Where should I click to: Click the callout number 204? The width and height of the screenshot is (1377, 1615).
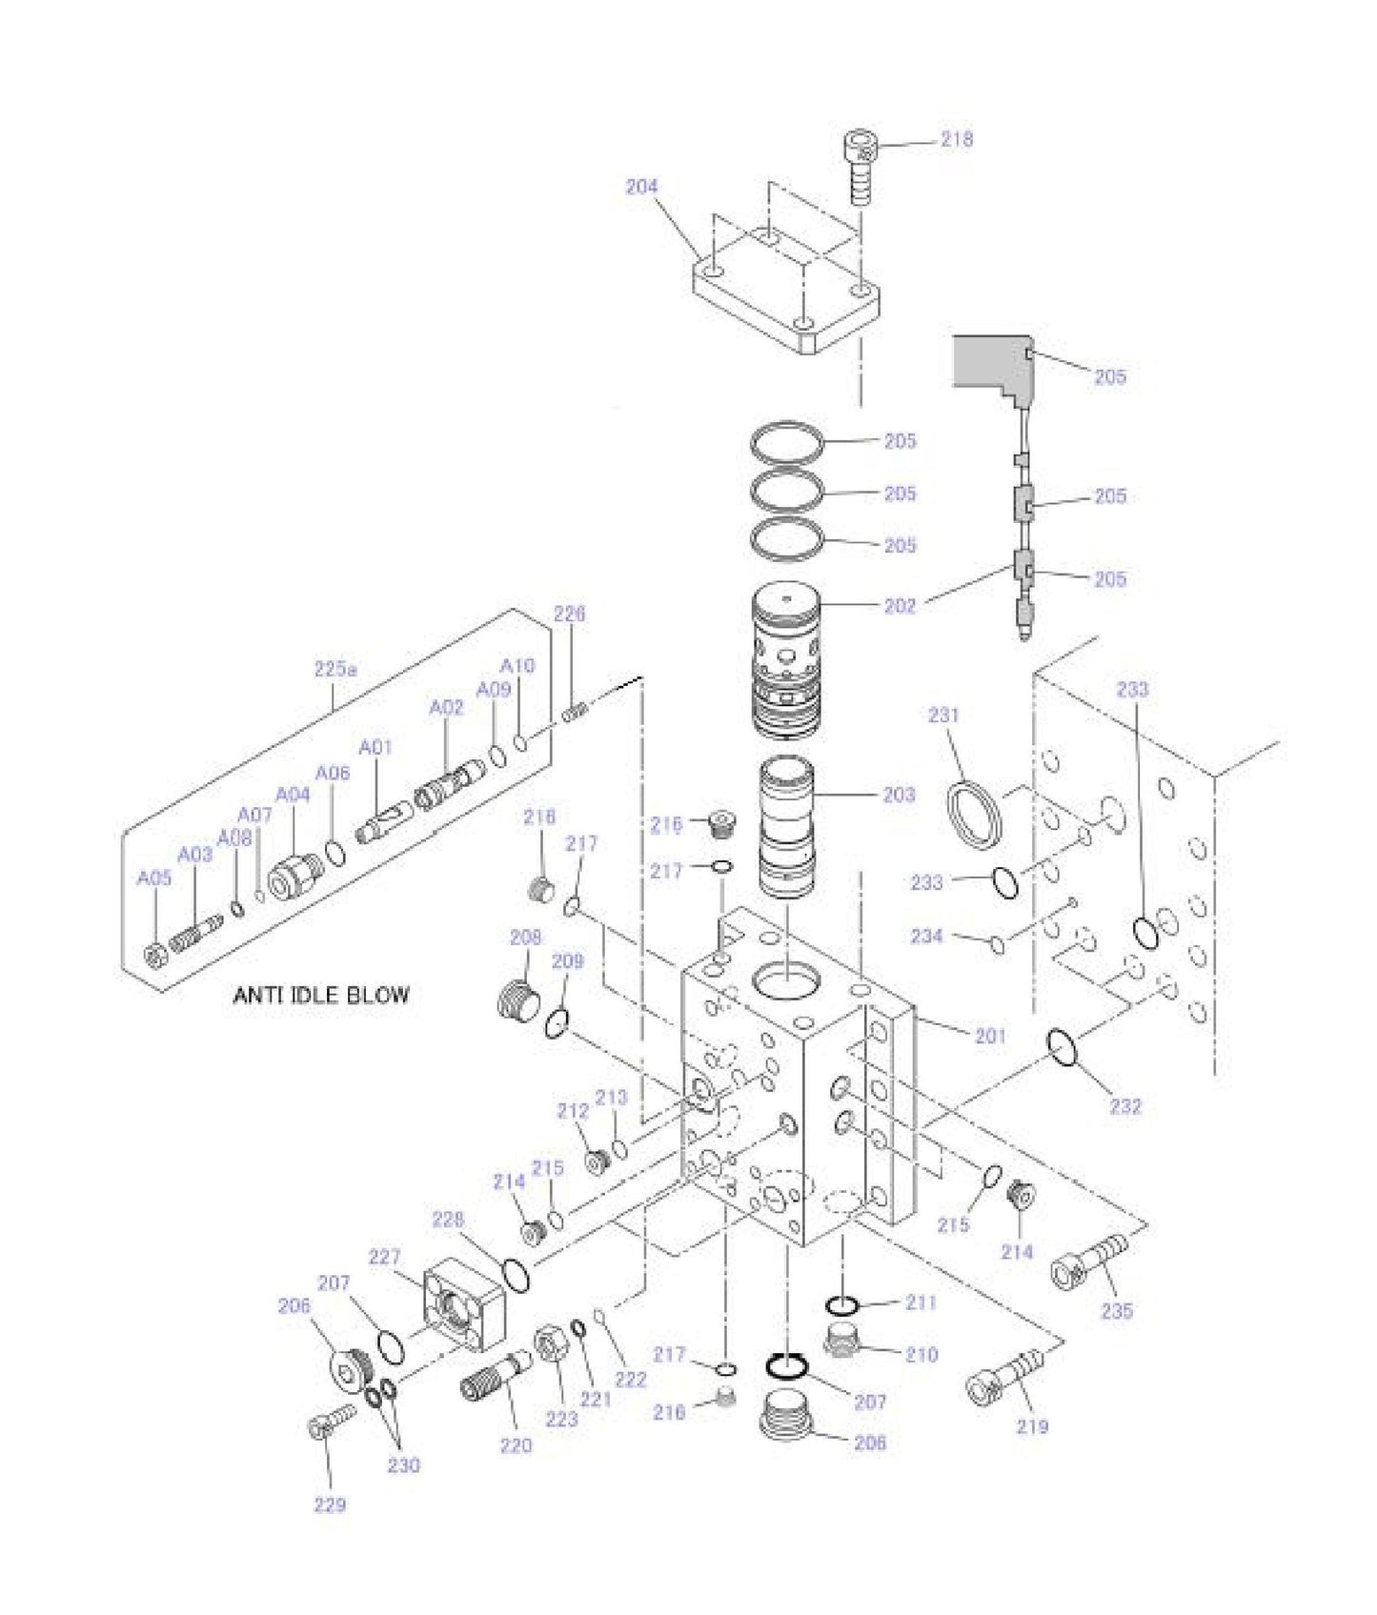(x=641, y=187)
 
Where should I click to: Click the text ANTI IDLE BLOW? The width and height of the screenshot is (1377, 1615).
(x=321, y=996)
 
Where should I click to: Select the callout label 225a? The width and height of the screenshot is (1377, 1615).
(x=335, y=670)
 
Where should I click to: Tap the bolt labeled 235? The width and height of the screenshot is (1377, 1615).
(x=1089, y=1262)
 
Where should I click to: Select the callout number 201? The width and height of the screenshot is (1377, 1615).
(x=990, y=1036)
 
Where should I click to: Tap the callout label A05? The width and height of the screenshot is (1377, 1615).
(x=154, y=878)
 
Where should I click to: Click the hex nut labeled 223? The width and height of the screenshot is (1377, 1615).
(x=551, y=1345)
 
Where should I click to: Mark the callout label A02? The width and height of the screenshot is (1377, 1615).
(x=446, y=707)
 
